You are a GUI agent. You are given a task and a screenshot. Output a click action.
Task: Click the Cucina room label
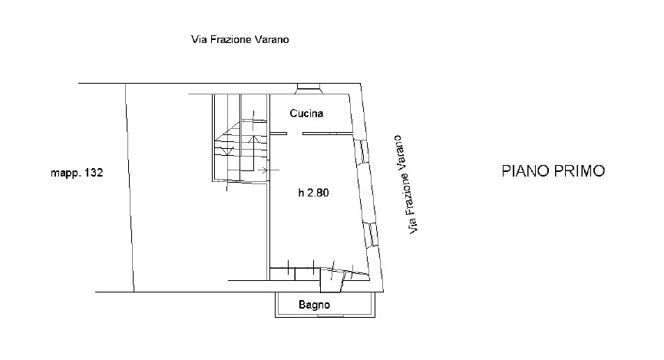pyautogui.click(x=306, y=113)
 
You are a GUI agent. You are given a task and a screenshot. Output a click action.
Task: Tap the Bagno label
pyautogui.click(x=314, y=305)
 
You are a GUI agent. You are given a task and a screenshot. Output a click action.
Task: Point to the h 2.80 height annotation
pyautogui.click(x=313, y=193)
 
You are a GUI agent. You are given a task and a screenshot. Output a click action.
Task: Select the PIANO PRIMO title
pyautogui.click(x=553, y=170)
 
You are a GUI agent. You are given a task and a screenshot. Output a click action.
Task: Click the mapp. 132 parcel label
pyautogui.click(x=77, y=173)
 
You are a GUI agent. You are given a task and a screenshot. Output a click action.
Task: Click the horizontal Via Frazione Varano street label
pyautogui.click(x=240, y=39)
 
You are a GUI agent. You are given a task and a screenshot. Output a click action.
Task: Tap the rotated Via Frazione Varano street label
pyautogui.click(x=405, y=185)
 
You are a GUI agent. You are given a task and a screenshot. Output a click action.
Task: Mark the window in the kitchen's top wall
pyautogui.click(x=309, y=87)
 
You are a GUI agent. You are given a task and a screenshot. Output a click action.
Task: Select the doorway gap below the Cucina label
pyautogui.click(x=295, y=134)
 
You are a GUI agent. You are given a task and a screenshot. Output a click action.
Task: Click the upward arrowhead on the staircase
pyautogui.click(x=253, y=140)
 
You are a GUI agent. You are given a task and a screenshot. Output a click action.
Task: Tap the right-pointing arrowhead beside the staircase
pyautogui.click(x=265, y=170)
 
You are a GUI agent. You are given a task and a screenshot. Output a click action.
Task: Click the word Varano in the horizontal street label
pyautogui.click(x=272, y=39)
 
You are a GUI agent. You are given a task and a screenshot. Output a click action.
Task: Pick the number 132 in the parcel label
pyautogui.click(x=94, y=173)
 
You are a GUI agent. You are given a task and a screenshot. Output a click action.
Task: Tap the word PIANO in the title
pyautogui.click(x=526, y=170)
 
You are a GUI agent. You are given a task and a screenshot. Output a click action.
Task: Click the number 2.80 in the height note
pyautogui.click(x=318, y=193)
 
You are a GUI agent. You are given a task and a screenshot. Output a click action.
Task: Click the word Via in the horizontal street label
pyautogui.click(x=198, y=39)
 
